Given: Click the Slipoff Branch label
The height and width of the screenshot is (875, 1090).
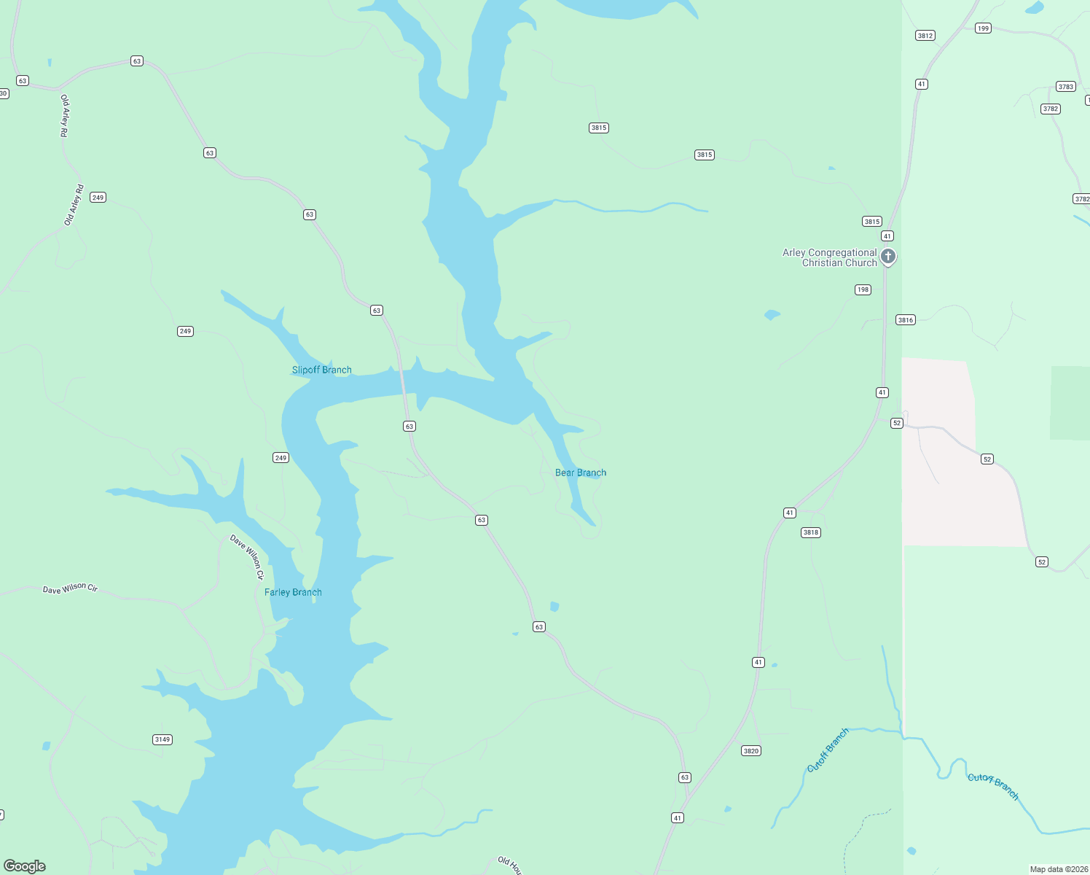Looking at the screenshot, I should click(x=321, y=370).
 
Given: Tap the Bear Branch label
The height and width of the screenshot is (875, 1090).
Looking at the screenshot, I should click(x=580, y=472).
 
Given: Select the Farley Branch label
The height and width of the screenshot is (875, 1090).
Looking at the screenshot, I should click(x=293, y=592).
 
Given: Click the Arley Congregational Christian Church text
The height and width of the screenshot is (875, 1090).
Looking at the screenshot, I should click(x=829, y=257).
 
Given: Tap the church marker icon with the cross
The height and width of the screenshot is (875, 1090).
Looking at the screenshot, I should click(x=887, y=256).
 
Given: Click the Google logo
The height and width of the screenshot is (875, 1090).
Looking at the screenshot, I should click(x=25, y=866).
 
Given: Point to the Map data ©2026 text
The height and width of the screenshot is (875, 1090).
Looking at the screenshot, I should click(x=1059, y=869).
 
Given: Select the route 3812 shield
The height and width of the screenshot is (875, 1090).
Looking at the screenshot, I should click(x=925, y=36).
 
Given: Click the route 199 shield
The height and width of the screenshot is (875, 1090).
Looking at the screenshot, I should click(x=983, y=28).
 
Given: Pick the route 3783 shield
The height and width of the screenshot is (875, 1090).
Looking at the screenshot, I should click(x=1065, y=87).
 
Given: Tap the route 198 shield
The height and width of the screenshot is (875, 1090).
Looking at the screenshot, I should click(x=863, y=289).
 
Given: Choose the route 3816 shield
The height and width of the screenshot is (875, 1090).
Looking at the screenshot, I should click(x=905, y=320).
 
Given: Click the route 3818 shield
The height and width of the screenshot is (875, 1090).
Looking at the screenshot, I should click(x=811, y=532).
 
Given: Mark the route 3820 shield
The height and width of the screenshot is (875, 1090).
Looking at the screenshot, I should click(x=750, y=750).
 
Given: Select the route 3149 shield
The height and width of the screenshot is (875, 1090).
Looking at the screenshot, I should click(x=162, y=739).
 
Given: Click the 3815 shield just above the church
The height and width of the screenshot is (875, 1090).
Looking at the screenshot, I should click(x=871, y=222).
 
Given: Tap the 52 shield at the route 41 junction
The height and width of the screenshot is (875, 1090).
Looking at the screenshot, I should click(x=896, y=423).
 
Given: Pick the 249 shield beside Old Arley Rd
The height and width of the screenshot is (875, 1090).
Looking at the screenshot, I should click(x=98, y=198).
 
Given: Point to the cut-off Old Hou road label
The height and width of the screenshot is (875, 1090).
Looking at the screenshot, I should click(x=510, y=866).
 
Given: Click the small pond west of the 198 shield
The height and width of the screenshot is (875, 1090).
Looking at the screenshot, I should click(x=772, y=315).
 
